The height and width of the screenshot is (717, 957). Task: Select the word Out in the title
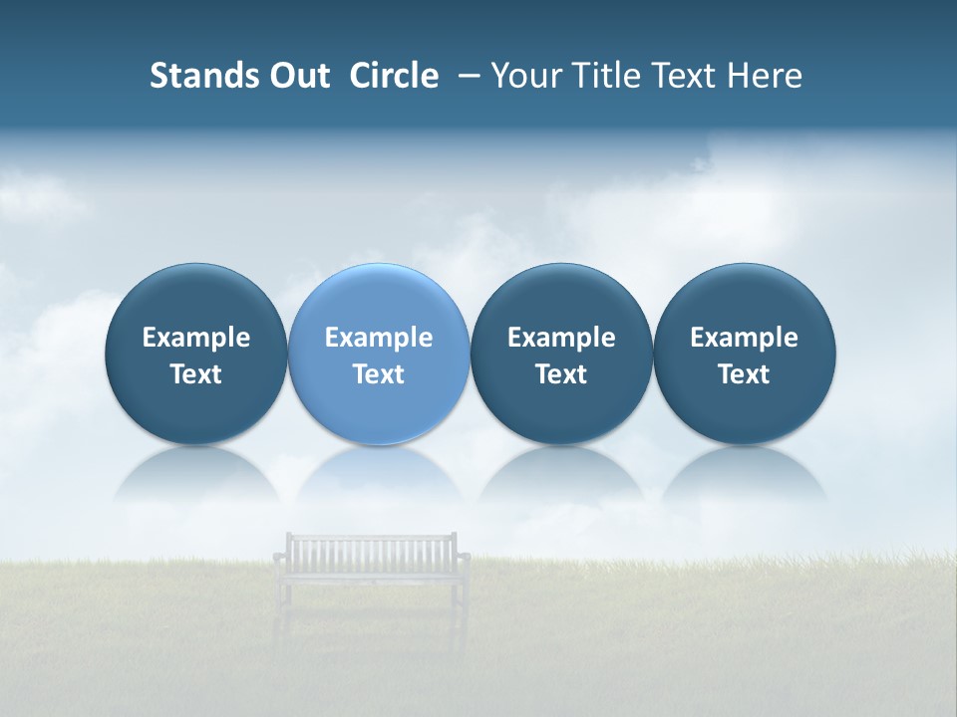(x=297, y=76)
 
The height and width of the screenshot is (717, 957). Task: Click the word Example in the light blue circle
(x=379, y=338)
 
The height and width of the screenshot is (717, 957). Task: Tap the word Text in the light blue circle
(x=379, y=374)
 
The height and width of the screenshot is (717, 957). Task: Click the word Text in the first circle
(x=195, y=374)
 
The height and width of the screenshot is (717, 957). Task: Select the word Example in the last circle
(x=745, y=338)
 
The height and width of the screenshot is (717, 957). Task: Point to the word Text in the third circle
(x=561, y=374)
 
